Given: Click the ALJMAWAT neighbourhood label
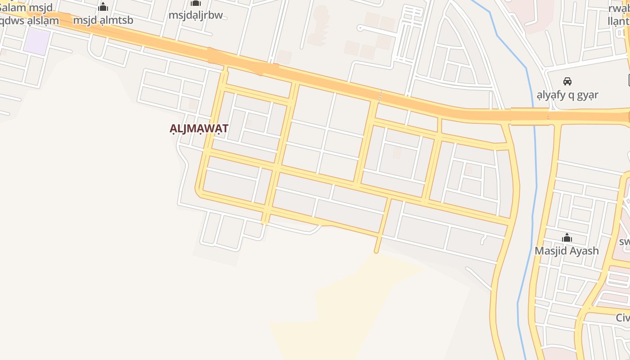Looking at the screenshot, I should point(198,128).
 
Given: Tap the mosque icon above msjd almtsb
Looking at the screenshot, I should point(103,7).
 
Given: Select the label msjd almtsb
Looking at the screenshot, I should point(103,20).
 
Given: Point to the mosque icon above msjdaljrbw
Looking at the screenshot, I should point(196,3).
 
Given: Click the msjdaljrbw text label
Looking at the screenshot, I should point(196,15).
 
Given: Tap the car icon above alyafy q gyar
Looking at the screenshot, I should point(567,81).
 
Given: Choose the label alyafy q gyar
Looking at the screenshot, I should point(567,95).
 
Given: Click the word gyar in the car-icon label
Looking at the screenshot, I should point(587,95).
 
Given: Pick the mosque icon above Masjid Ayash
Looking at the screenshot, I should point(567,237).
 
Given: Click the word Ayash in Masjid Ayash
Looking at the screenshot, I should point(584,251).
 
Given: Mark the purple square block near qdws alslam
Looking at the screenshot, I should point(36,41).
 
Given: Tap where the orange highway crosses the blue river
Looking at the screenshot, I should point(534,116).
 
